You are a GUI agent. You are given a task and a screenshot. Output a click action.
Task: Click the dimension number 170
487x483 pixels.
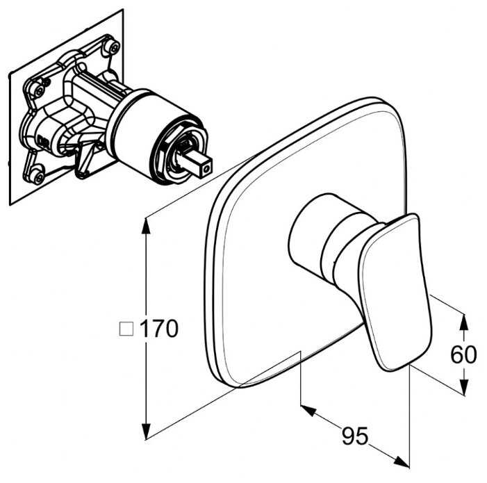pos(159,328)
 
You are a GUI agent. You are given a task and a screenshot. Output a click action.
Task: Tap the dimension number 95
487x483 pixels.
pos(355,436)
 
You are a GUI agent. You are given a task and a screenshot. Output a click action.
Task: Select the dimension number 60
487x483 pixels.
pos(463,354)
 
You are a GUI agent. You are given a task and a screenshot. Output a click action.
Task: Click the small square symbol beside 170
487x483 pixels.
pos(126,329)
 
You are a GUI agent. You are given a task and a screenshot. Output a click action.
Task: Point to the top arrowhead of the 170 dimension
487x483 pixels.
pos(146,226)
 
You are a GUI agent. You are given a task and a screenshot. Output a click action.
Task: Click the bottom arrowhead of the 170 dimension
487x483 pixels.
pos(146,432)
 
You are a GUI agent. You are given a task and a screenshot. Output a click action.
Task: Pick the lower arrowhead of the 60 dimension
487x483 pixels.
pos(463,387)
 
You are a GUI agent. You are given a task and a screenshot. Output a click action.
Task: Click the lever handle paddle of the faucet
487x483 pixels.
pos(395,292)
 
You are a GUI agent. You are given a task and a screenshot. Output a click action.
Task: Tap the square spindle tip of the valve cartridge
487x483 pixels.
pos(195,161)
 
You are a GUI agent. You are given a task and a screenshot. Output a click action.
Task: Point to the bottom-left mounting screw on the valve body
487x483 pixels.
pos(38,177)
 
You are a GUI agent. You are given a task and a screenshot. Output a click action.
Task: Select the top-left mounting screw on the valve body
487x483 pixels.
pos(39,91)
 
